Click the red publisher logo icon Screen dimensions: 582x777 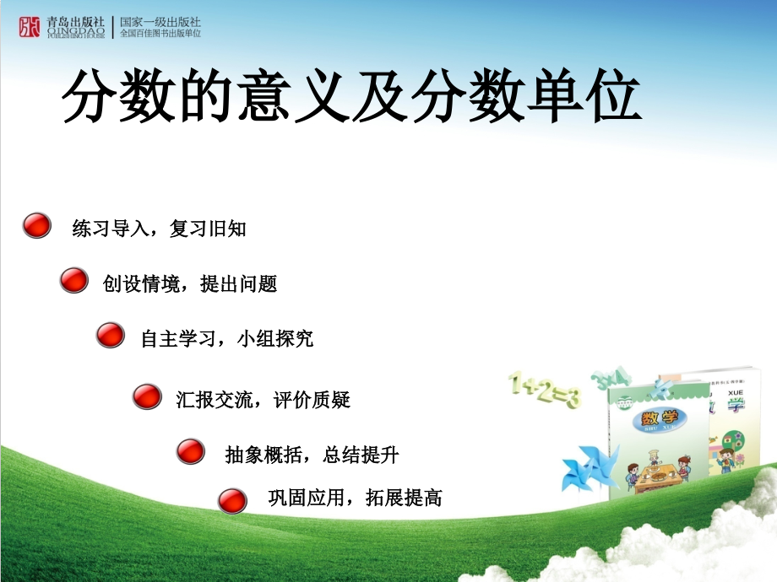pyautogui.click(x=30, y=27)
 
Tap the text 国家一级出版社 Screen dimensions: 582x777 pyautogui.click(x=160, y=21)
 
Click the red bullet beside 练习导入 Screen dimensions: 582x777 pyautogui.click(x=35, y=225)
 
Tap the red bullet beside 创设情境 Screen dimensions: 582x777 pyautogui.click(x=74, y=281)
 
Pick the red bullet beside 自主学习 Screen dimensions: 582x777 pyautogui.click(x=110, y=335)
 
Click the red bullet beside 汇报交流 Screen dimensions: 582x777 pyautogui.click(x=147, y=396)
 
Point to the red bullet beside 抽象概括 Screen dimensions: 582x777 pyautogui.click(x=190, y=451)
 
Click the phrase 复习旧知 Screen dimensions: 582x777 pyautogui.click(x=208, y=229)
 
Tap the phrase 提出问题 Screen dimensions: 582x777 pyautogui.click(x=239, y=284)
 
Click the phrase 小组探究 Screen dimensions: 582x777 pyautogui.click(x=275, y=339)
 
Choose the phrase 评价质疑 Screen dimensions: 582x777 pyautogui.click(x=312, y=400)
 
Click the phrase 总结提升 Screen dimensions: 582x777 pyautogui.click(x=361, y=455)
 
